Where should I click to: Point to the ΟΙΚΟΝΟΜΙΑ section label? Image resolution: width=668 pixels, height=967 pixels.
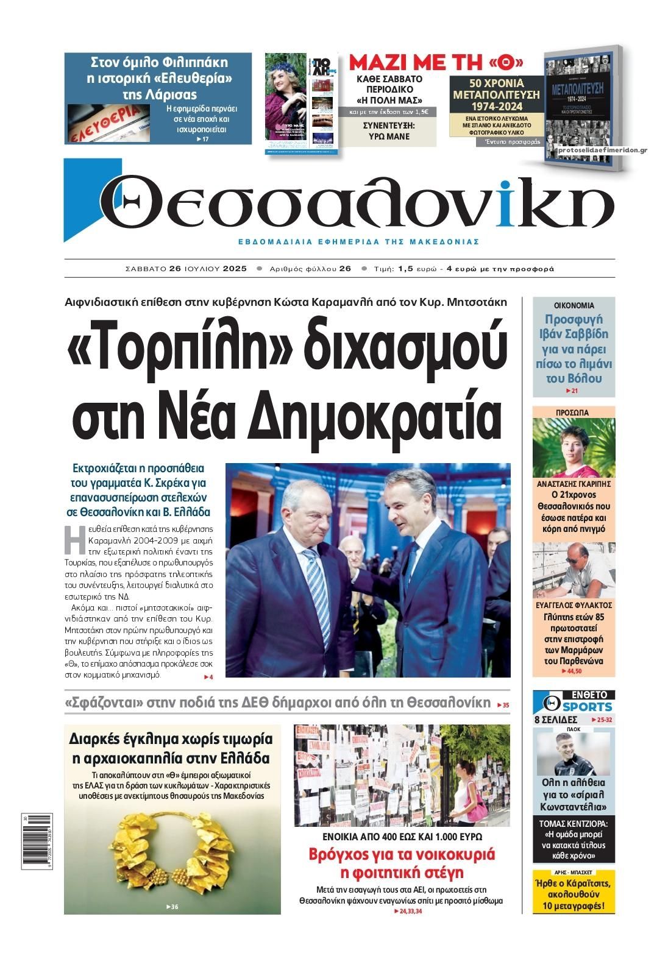coord(574,306)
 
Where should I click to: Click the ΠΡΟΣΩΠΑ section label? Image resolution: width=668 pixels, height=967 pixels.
coord(574,413)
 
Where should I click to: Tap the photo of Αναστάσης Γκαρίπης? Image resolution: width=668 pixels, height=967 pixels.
coord(574,448)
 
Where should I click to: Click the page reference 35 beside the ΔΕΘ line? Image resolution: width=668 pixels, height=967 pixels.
coord(504,706)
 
